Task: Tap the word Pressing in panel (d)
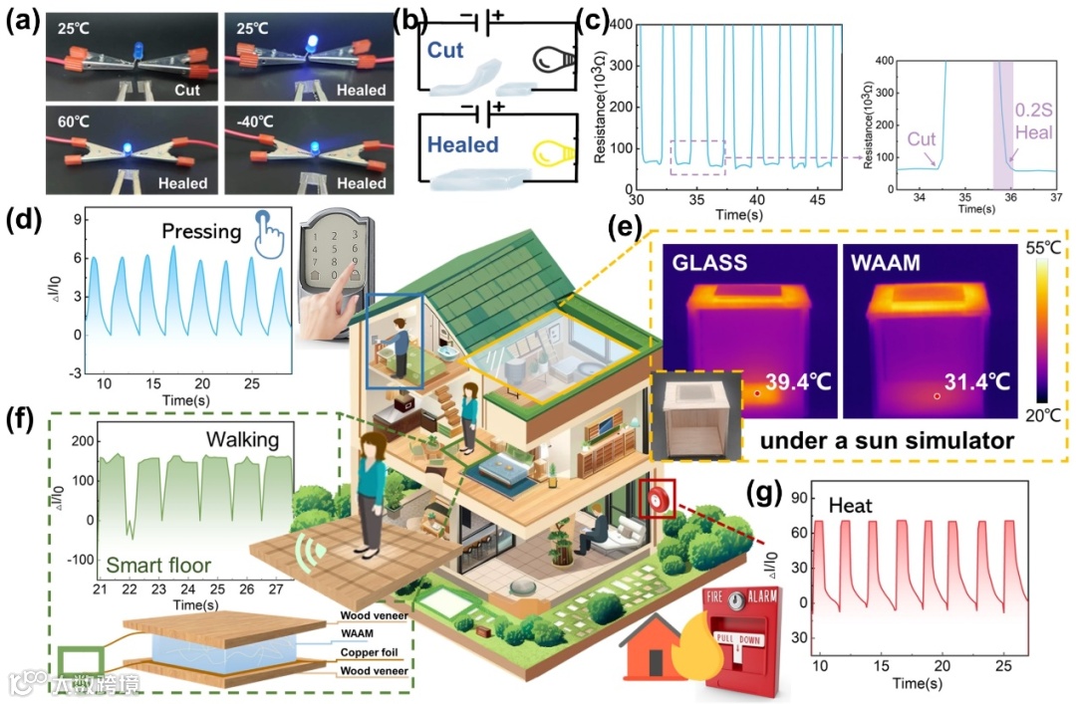tap(202, 231)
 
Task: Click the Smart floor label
tap(159, 567)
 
